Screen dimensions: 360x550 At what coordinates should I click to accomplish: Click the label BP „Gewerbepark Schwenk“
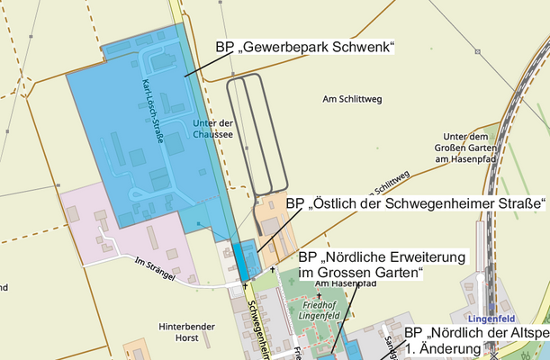[305, 47]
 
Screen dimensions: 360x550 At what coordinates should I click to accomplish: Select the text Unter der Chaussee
[212, 129]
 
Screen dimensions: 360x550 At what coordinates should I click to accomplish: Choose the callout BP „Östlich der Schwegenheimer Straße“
[416, 203]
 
